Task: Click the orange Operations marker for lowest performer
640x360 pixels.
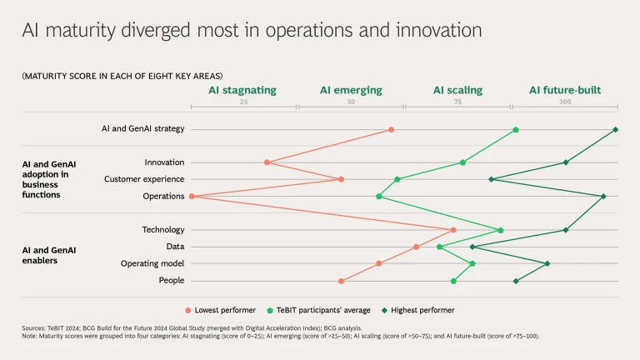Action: [192, 197]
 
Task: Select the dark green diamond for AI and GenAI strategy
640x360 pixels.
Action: [615, 129]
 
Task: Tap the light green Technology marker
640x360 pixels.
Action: [501, 230]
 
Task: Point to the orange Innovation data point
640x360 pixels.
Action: [267, 162]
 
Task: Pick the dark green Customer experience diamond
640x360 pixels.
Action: [491, 179]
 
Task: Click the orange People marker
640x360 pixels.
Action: [341, 281]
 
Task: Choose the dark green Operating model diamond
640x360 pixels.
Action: [547, 263]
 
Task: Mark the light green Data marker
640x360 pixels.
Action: [439, 247]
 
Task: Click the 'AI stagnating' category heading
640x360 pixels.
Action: [242, 90]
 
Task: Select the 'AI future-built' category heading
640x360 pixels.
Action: [565, 90]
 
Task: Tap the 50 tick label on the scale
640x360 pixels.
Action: [351, 102]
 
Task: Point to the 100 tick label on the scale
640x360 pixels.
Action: [565, 102]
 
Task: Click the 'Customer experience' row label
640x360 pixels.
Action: [144, 179]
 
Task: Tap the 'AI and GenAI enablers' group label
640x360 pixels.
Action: [49, 255]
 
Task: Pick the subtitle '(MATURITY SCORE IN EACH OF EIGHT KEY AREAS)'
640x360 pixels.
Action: [122, 76]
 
